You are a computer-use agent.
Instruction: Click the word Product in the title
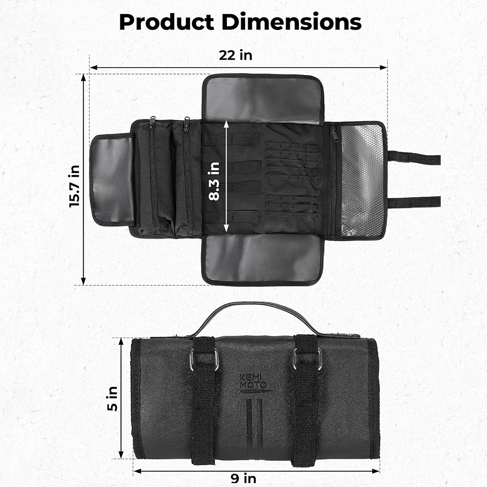click(167, 22)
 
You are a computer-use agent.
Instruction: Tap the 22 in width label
click(235, 56)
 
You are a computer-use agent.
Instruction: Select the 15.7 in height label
click(75, 186)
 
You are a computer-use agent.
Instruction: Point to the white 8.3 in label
click(214, 181)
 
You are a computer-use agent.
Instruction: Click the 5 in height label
click(112, 399)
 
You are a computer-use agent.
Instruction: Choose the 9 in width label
click(243, 478)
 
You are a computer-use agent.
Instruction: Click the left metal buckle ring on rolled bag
click(204, 360)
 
